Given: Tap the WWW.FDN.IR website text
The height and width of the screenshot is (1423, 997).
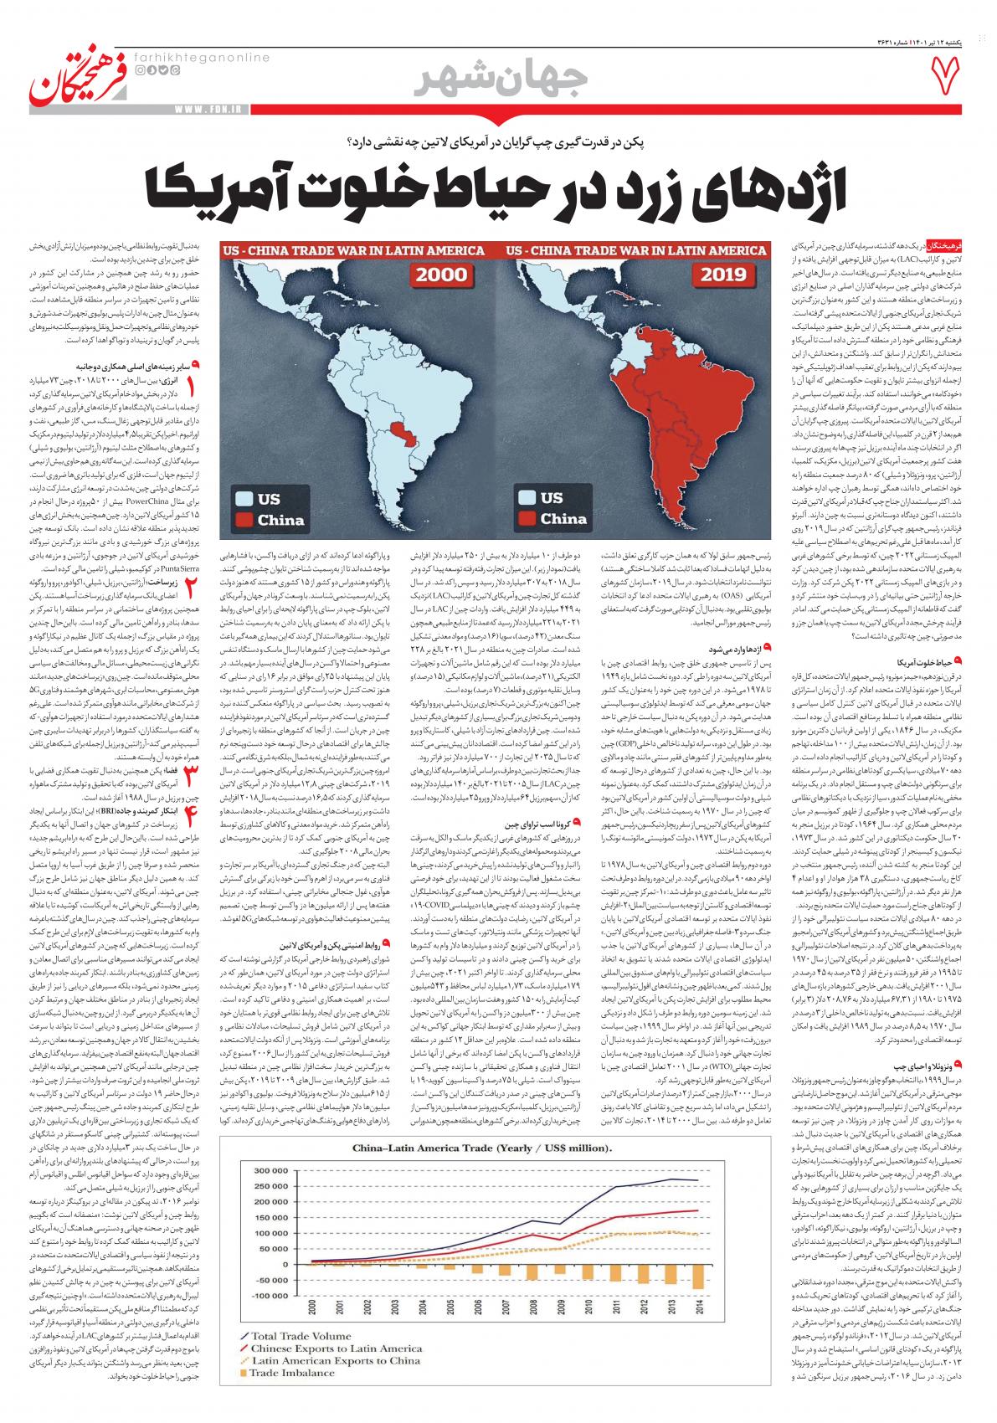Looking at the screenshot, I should [x=210, y=108].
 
